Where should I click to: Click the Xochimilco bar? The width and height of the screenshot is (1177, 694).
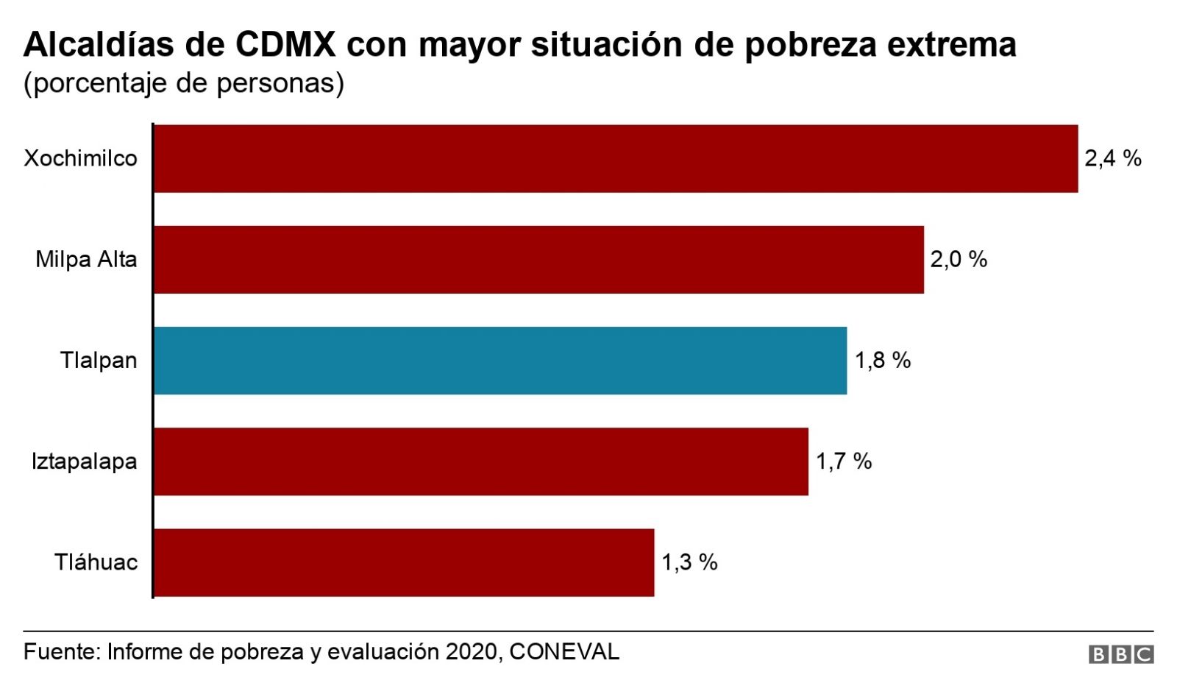(616, 159)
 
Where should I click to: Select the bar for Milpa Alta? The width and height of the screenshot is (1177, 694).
(538, 260)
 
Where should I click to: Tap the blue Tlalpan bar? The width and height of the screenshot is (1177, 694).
(500, 361)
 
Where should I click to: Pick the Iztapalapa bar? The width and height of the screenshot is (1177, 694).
(481, 461)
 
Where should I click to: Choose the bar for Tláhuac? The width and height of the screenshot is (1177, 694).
(404, 562)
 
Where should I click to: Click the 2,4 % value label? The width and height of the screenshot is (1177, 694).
(1112, 159)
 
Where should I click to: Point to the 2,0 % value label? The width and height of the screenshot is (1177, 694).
(958, 260)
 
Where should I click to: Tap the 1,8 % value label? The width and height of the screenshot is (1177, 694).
(882, 361)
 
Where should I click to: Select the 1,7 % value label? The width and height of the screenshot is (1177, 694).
(843, 461)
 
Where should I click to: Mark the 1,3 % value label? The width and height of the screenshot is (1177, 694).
(689, 562)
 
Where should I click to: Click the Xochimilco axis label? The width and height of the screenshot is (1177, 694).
(80, 159)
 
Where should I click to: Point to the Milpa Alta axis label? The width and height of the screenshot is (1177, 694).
(86, 260)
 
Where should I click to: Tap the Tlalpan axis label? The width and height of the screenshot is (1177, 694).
(99, 361)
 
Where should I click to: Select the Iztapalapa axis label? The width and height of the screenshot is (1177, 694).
(84, 461)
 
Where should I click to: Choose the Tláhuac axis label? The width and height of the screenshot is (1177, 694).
(96, 562)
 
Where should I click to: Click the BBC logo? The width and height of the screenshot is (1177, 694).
(1120, 654)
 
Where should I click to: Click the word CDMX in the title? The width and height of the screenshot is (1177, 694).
(285, 45)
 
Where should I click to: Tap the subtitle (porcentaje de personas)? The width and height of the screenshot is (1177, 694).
(184, 83)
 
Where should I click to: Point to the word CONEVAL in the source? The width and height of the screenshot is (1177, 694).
(564, 652)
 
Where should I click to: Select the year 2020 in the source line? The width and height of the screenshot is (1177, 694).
(471, 652)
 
